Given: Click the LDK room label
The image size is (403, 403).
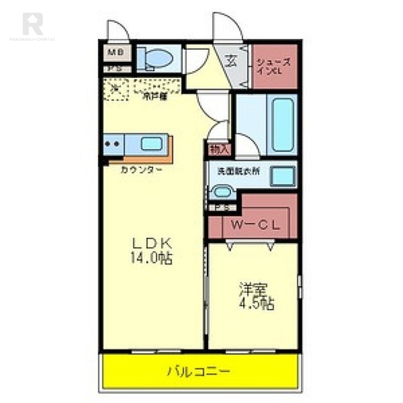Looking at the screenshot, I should (x=152, y=243).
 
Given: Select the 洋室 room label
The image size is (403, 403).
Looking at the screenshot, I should (x=253, y=290).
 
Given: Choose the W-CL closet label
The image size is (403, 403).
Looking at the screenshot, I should (x=255, y=226).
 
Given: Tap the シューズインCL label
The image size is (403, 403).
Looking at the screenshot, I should (x=274, y=66).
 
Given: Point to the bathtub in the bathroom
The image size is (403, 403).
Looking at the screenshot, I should (x=282, y=124).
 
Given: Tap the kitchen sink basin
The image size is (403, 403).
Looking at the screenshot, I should (x=151, y=144).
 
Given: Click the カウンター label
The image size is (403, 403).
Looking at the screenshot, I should (x=141, y=170).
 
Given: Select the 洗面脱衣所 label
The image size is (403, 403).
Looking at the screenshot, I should (x=239, y=171).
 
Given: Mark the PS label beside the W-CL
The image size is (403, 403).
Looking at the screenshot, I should (x=223, y=207).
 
